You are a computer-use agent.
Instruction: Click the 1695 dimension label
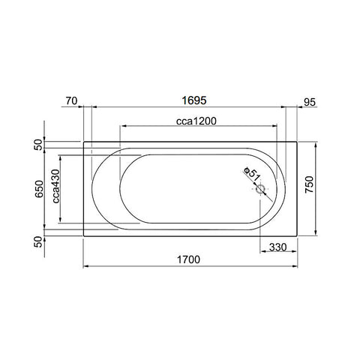coord(194,100)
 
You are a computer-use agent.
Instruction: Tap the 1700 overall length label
coord(188,259)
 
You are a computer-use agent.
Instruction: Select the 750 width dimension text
coord(309,184)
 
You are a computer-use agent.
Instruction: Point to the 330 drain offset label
coord(278,247)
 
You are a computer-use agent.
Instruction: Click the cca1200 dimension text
coord(196,121)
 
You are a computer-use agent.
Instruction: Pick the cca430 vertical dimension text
coord(56,186)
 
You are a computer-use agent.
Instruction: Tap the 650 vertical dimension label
coord(39,189)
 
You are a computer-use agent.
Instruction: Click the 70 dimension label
coord(71,101)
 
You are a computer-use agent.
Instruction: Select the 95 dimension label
coord(310,102)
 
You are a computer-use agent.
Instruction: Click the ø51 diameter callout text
coord(252,174)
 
